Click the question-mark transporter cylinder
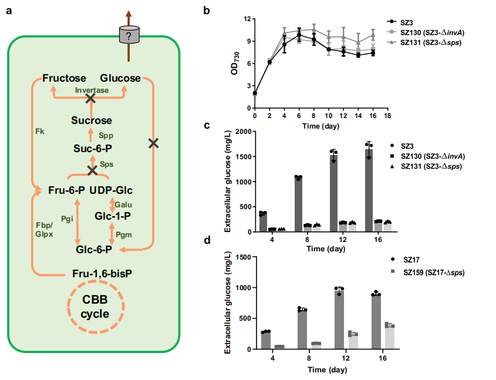coord(129,35)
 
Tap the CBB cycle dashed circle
coord(68,306)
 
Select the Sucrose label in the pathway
coord(92,120)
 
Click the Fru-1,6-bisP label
coord(102,273)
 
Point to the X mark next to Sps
coord(92,170)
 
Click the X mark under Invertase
coord(90,99)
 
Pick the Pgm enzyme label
coord(124,235)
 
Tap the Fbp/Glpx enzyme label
coord(44,230)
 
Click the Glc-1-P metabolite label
coord(113,216)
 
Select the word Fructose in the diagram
coord(64,78)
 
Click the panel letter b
coord(207,11)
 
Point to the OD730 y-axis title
coord(235,63)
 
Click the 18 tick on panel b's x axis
coord(387,116)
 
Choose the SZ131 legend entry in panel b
coord(424,42)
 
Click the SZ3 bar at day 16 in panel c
coord(369,190)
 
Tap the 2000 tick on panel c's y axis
coord(242,132)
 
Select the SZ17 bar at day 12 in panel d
coord(339,320)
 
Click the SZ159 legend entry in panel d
coord(428,272)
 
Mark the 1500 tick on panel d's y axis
coord(244,257)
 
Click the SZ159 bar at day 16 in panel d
coord(390,337)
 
